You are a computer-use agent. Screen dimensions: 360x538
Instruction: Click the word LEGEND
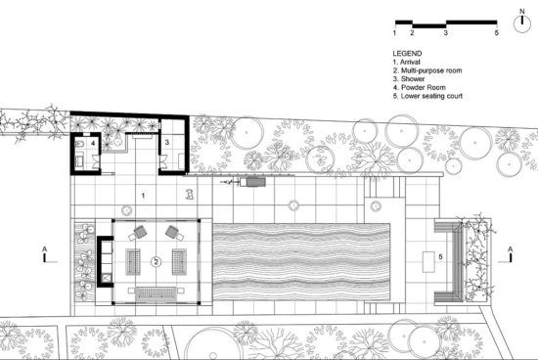pyautogui.click(x=407, y=52)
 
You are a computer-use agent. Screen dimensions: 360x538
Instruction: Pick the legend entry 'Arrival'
pyautogui.click(x=410, y=62)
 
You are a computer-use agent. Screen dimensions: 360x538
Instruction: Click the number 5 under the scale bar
pyautogui.click(x=497, y=33)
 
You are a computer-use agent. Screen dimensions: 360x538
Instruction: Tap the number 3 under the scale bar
pyautogui.click(x=446, y=33)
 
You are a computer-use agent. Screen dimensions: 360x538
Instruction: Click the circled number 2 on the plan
pyautogui.click(x=157, y=262)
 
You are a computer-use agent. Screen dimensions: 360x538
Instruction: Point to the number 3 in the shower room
pyautogui.click(x=166, y=143)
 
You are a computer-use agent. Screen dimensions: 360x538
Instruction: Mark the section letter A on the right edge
pyautogui.click(x=511, y=252)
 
